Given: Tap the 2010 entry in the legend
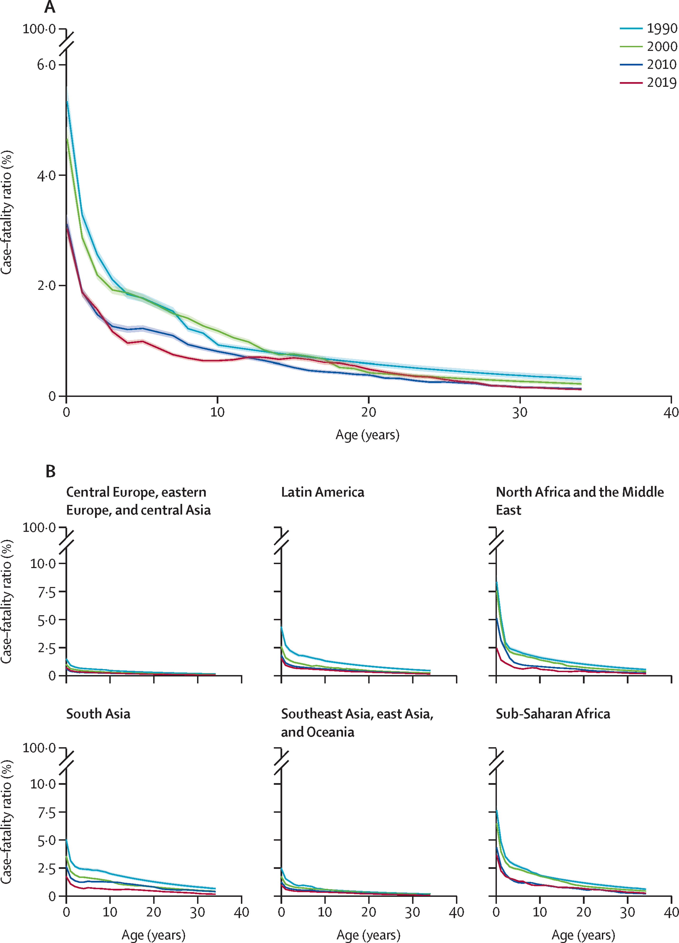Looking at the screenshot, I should click(x=661, y=64).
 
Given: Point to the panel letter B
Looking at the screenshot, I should click(x=50, y=471).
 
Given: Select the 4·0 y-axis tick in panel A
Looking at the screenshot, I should click(x=46, y=175).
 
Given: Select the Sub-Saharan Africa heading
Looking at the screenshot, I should click(x=553, y=714).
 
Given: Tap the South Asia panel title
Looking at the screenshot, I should click(x=98, y=714).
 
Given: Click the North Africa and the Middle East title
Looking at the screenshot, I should click(x=579, y=501).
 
